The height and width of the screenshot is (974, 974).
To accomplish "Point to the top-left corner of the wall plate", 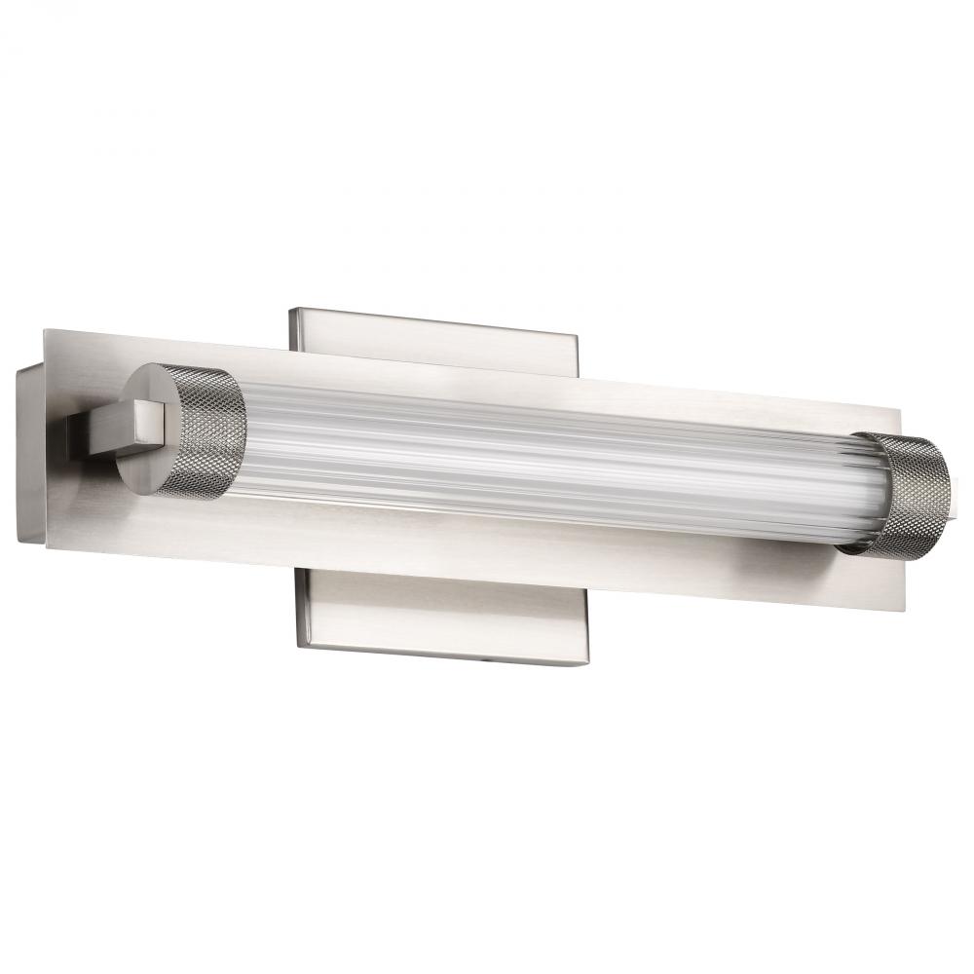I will [289, 310].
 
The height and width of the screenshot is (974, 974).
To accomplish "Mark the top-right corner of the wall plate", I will [579, 337].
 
